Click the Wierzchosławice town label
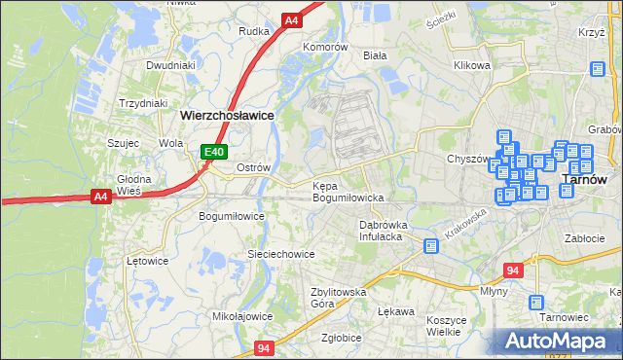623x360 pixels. [x=227, y=114]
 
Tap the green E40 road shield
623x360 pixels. [x=214, y=152]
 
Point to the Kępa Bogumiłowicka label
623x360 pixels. [x=348, y=192]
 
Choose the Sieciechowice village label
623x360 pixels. [x=280, y=254]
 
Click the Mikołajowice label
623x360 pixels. [x=242, y=316]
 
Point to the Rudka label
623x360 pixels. [x=254, y=30]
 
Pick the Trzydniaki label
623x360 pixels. [x=143, y=102]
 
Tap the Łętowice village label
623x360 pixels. [x=148, y=261]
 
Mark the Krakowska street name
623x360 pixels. [x=463, y=227]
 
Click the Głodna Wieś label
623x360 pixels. [x=134, y=185]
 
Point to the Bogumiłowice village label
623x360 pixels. [x=231, y=215]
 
